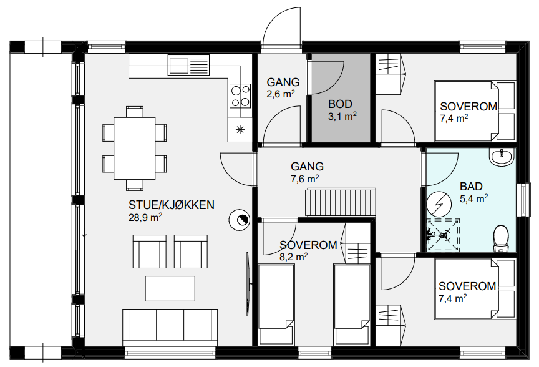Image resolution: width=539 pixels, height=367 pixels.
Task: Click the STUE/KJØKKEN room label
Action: tap(171, 205)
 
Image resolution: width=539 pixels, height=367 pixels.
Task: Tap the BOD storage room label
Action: tap(340, 104)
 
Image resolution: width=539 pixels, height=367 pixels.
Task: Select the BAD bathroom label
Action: tap(471, 187)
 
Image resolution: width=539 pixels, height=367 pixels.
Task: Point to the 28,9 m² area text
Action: tap(145, 217)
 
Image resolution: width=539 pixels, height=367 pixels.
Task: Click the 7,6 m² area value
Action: tap(305, 179)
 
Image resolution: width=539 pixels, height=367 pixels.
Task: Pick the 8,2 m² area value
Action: tap(294, 257)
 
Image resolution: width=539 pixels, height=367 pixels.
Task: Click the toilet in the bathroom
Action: tap(500, 238)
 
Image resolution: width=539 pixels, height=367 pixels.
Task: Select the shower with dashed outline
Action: tap(443, 235)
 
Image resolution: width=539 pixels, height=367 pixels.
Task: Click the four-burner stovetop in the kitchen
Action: tap(240, 95)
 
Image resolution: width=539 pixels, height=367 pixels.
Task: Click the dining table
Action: tap(134, 149)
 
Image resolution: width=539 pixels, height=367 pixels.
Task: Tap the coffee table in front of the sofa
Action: tap(170, 288)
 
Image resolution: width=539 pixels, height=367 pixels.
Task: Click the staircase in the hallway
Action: tap(341, 202)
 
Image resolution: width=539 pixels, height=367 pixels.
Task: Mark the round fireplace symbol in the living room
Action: tap(240, 220)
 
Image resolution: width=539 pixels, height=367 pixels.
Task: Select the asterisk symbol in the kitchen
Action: tap(240, 129)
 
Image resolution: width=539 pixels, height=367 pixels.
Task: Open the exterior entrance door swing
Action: tap(282, 27)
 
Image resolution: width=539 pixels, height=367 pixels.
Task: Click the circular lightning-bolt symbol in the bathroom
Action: tap(439, 203)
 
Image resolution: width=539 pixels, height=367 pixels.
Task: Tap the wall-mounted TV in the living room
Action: tap(248, 284)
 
